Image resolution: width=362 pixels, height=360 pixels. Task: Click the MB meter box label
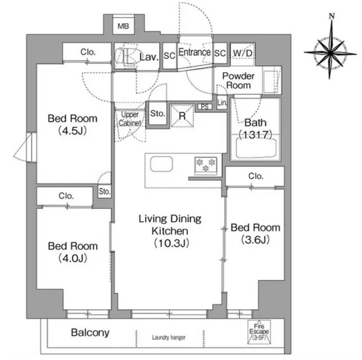tap(123, 26)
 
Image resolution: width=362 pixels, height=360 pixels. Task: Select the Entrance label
tap(194, 52)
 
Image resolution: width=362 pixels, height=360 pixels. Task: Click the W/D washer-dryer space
tap(243, 54)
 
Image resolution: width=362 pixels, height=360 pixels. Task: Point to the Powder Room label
tap(238, 81)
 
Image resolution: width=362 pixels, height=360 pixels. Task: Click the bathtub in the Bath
tap(256, 148)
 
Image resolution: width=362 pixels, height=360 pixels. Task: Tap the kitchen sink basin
tap(161, 164)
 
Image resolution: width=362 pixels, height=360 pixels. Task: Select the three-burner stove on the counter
tap(206, 165)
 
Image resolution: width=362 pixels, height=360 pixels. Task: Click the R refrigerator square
tap(182, 115)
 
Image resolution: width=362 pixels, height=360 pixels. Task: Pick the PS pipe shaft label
tap(205, 106)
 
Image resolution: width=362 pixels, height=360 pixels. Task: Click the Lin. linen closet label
tap(222, 102)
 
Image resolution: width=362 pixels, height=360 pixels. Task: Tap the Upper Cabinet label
tap(130, 119)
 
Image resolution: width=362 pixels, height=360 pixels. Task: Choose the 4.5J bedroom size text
tap(72, 131)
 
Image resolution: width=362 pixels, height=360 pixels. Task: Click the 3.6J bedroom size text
tap(256, 240)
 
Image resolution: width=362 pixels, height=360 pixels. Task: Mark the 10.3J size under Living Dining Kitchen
tap(171, 243)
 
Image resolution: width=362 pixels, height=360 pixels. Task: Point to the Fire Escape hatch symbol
tap(259, 332)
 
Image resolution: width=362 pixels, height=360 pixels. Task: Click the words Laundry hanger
tap(169, 338)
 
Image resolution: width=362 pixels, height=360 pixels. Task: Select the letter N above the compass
tap(332, 16)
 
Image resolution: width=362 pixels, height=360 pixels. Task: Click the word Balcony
tap(90, 333)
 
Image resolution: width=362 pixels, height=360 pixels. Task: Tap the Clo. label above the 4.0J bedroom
tap(66, 196)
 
